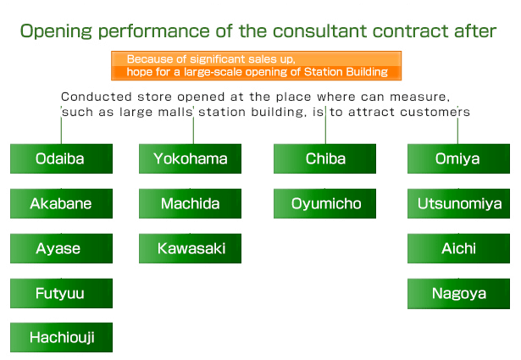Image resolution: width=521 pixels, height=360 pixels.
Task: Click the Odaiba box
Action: [62, 158]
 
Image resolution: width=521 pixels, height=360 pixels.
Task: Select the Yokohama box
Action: [190, 158]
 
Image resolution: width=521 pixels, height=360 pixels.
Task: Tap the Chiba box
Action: [325, 158]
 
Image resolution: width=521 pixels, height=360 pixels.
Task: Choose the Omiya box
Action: [458, 158]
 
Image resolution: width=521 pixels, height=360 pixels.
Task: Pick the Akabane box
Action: [62, 203]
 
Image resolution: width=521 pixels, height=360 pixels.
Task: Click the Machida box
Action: [190, 203]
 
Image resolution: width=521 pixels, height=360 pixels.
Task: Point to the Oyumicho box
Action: [325, 203]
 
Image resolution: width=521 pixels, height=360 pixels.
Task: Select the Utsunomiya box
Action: [458, 203]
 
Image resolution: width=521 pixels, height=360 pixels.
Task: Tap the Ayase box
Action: [62, 248]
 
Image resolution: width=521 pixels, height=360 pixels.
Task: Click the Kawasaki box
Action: [190, 248]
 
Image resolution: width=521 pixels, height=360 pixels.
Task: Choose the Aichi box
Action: [458, 248]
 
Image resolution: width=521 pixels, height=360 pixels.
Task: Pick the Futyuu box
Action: [62, 293]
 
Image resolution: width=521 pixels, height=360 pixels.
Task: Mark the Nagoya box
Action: [458, 294]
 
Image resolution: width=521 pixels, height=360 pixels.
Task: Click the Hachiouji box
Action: [62, 337]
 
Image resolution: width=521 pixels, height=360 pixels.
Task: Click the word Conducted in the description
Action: [97, 97]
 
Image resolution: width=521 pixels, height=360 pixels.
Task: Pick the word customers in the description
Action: [435, 112]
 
